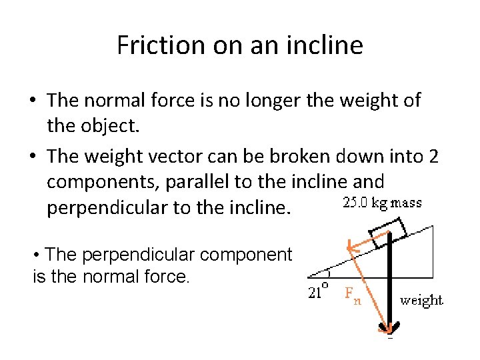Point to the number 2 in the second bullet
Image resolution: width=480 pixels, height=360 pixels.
point(434,157)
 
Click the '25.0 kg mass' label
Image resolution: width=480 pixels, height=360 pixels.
point(382,203)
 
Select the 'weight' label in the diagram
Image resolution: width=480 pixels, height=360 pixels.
point(421,300)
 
